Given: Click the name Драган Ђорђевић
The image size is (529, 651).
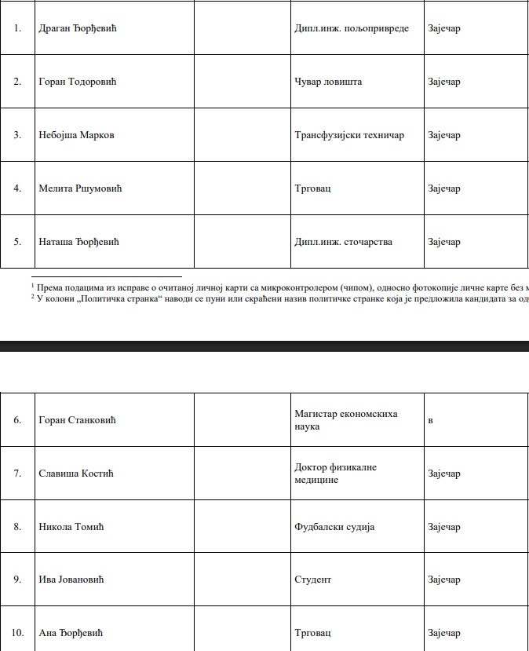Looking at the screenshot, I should (78, 28).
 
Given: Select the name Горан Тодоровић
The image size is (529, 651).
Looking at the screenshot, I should (78, 82).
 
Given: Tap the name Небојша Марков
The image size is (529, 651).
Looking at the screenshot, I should (76, 135).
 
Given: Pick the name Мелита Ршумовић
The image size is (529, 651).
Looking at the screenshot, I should (80, 188).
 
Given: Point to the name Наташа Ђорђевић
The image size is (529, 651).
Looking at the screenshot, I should (78, 242).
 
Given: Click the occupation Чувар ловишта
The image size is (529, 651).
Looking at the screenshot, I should (328, 82).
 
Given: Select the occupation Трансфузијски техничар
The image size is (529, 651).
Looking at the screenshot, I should (349, 135).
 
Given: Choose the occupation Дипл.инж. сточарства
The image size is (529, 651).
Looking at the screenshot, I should (343, 242).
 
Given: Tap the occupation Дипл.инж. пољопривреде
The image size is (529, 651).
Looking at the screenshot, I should (352, 28).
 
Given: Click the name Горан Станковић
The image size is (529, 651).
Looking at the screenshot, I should (77, 420).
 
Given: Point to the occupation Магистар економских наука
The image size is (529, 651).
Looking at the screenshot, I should (346, 420).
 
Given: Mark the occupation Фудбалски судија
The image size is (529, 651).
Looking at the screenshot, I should (334, 527).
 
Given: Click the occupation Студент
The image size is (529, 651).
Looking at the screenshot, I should (312, 580).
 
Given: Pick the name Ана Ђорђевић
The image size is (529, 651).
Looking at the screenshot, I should (71, 633).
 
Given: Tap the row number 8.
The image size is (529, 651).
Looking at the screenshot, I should (17, 527).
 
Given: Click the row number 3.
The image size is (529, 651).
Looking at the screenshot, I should (17, 135).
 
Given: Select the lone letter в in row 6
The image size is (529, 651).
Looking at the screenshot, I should (430, 420).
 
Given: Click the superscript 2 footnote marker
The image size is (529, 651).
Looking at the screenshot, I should (33, 295).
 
